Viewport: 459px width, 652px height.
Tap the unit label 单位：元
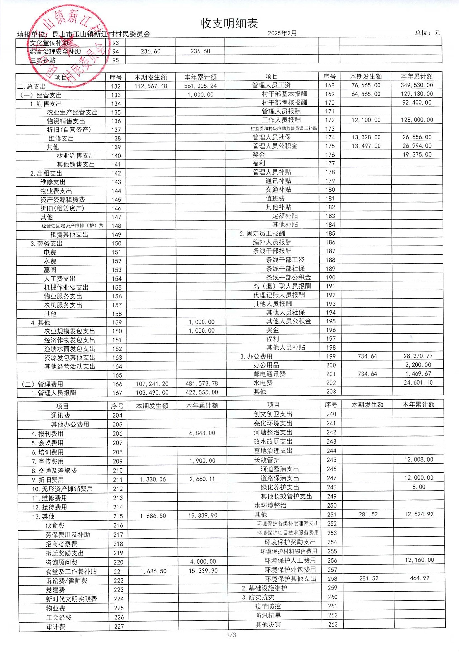[x=427, y=33]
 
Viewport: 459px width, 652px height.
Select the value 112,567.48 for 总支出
[x=151, y=86]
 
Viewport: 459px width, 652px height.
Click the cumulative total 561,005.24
[x=200, y=86]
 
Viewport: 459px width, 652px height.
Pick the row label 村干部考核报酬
[x=284, y=103]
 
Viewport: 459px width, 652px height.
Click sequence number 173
[x=330, y=129]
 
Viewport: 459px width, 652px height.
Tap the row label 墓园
[x=50, y=270]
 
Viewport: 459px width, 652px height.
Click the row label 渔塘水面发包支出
[x=70, y=349]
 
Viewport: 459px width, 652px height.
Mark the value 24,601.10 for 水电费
[x=418, y=383]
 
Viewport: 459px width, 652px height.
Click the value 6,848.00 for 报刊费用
[x=202, y=433]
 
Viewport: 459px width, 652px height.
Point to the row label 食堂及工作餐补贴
[x=71, y=571]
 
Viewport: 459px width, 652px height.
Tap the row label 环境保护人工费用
[x=290, y=560]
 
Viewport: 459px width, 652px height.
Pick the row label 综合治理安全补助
[x=55, y=51]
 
